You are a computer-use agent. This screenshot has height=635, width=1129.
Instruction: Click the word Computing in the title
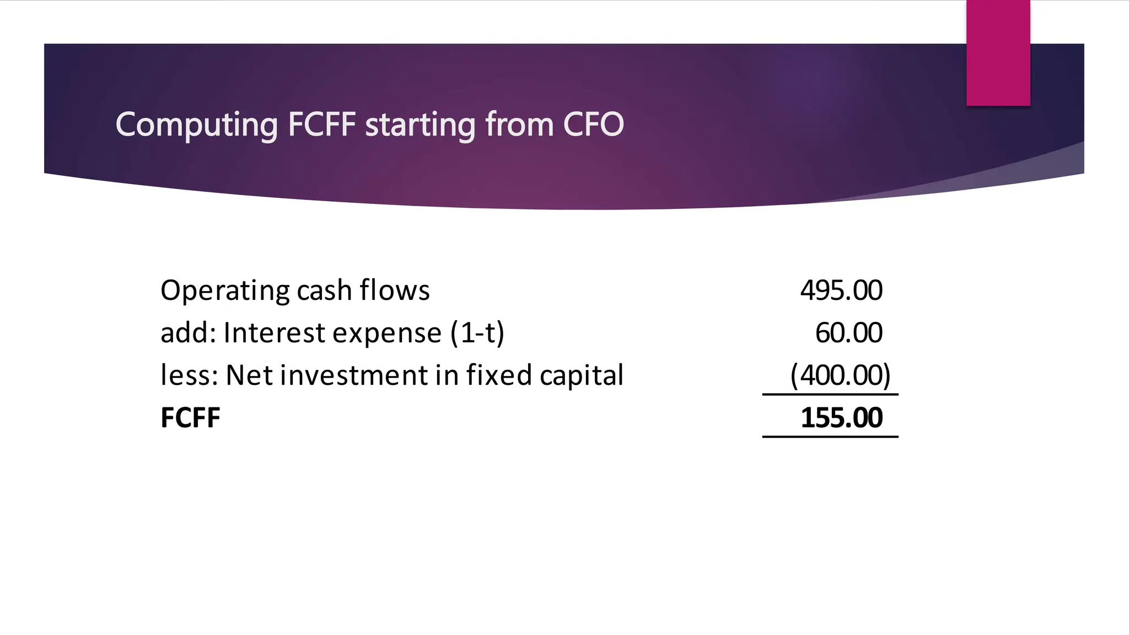tap(196, 125)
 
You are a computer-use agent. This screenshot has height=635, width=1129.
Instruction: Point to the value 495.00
tap(841, 290)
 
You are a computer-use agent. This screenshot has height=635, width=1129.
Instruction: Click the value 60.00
tap(848, 333)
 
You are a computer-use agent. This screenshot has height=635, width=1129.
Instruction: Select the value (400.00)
tap(840, 375)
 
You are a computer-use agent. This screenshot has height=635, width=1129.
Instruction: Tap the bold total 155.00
tap(841, 418)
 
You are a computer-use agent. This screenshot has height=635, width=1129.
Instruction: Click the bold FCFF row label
tap(190, 418)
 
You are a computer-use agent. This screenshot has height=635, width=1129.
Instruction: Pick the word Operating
tap(225, 291)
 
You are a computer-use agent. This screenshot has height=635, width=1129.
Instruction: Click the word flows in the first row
tap(394, 290)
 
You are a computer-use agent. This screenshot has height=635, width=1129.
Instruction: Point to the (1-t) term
tap(477, 333)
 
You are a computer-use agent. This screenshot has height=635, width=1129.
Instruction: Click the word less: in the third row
tap(189, 375)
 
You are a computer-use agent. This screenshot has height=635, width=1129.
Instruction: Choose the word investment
tap(353, 375)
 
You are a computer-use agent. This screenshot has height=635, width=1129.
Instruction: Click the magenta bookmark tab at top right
tap(998, 52)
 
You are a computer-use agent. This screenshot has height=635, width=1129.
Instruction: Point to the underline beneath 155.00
tap(830, 437)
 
